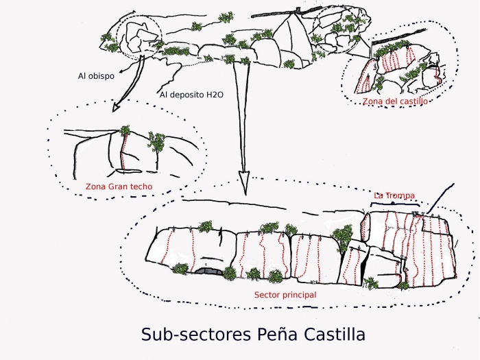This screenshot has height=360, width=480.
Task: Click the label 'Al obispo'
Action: pos(95,76)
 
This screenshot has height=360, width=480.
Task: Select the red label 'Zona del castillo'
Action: pos(395,101)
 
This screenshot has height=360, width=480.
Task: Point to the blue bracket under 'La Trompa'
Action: pos(394,204)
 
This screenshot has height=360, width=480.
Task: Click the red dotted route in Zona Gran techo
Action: pos(123,152)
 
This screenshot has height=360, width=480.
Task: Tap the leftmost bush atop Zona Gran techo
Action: pos(125,130)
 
